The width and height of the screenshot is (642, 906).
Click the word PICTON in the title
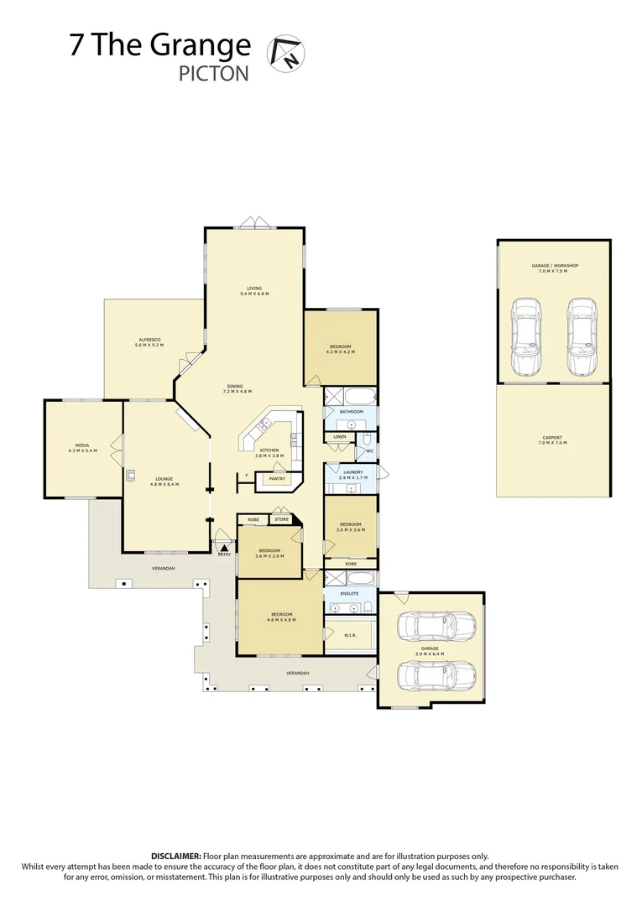click(214, 73)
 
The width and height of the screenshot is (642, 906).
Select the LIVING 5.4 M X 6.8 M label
click(254, 290)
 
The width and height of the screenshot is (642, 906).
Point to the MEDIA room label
click(82, 448)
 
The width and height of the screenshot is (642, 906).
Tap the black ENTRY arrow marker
click(224, 546)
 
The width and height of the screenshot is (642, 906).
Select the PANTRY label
click(276, 479)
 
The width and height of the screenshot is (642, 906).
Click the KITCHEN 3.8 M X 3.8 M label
click(269, 453)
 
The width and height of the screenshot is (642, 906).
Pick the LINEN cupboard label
click(339, 437)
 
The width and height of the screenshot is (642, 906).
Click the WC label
click(368, 451)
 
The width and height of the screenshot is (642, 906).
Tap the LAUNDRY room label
click(352, 474)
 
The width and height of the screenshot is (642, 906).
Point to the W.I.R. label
click(351, 636)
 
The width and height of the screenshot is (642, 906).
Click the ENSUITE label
click(350, 593)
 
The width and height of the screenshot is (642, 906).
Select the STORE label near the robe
click(282, 519)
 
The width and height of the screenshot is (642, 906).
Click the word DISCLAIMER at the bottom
click(175, 856)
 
